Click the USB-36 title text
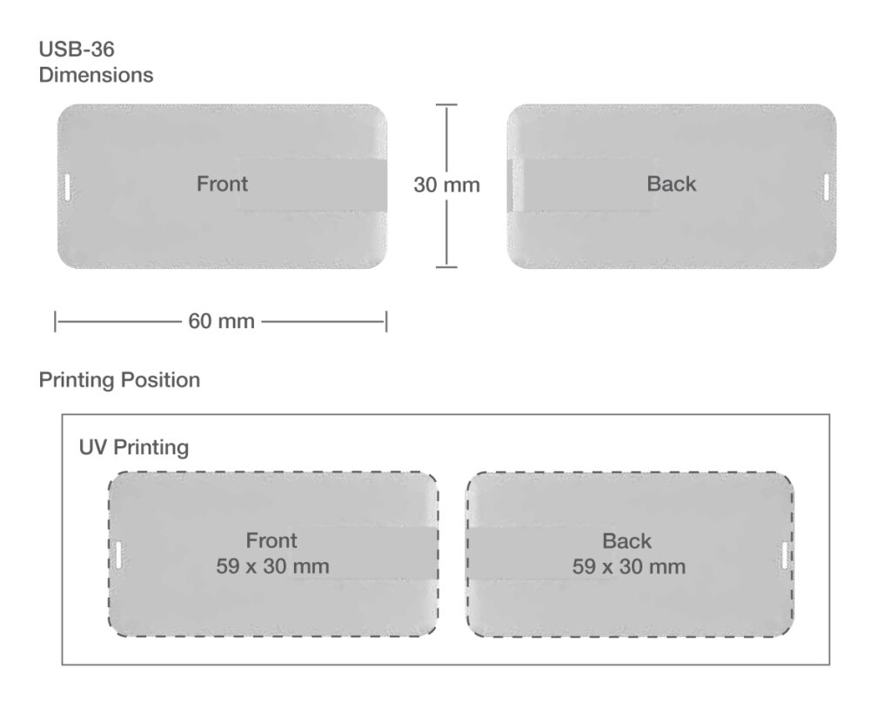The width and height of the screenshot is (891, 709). coord(77,50)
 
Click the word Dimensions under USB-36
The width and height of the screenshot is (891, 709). coord(96,75)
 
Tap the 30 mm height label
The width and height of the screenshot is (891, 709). coord(446,184)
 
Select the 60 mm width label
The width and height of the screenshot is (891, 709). coord(221,321)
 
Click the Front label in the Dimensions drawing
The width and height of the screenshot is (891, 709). coord(222,184)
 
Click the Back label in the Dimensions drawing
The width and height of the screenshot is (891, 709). coord(671,184)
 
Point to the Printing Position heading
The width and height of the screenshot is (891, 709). coord(119,379)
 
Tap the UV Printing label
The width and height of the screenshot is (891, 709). coord(133,447)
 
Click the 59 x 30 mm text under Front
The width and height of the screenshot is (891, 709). coord(272,566)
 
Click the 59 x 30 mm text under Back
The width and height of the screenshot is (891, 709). coord(628,566)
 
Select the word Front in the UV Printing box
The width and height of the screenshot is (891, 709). coord(271,540)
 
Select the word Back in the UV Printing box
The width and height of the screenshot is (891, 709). coord(626,541)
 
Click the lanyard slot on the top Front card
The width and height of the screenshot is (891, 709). coord(67,187)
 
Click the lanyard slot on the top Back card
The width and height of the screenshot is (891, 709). coord(827,187)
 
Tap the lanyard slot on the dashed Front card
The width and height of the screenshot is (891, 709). coord(117,554)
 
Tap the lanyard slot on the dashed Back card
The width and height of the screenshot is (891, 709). coord(785,555)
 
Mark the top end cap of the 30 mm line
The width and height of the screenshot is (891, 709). coord(446,104)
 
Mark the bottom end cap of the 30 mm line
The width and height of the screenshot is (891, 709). coord(446,266)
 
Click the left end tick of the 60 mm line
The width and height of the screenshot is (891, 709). coord(55,322)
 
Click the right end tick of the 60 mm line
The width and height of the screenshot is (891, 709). coord(386,322)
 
